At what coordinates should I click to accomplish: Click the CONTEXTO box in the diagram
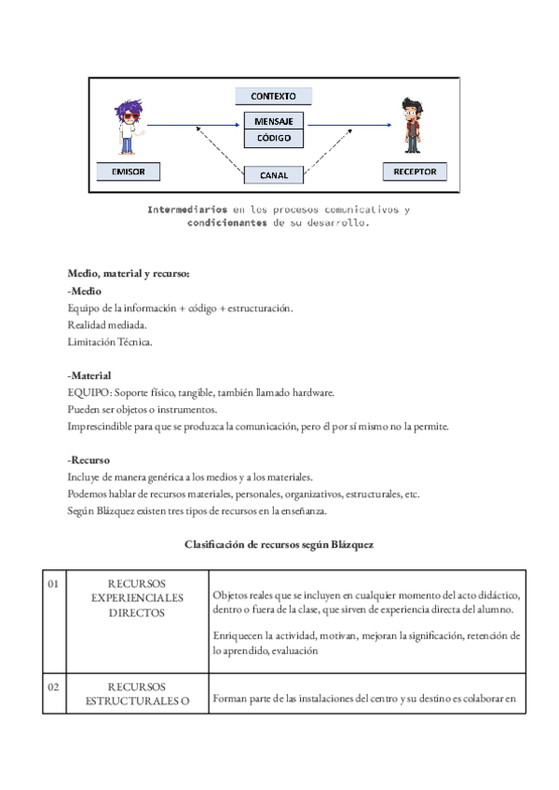click(273, 96)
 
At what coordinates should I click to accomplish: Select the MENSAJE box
click(273, 121)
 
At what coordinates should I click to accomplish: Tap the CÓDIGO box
click(273, 139)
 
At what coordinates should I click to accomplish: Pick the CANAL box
click(273, 174)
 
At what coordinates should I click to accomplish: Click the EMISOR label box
click(128, 171)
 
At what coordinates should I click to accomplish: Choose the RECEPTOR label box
click(415, 171)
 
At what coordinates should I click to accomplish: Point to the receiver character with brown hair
click(412, 126)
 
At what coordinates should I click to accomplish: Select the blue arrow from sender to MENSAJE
click(194, 124)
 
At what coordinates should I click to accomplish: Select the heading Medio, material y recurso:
click(129, 274)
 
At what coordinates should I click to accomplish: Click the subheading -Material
click(89, 375)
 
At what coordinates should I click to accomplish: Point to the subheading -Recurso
click(89, 460)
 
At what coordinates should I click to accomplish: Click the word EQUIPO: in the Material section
click(89, 393)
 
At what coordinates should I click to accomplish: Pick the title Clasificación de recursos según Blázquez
click(279, 544)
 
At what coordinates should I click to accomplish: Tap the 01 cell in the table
click(53, 584)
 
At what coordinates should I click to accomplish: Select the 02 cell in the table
click(53, 687)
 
